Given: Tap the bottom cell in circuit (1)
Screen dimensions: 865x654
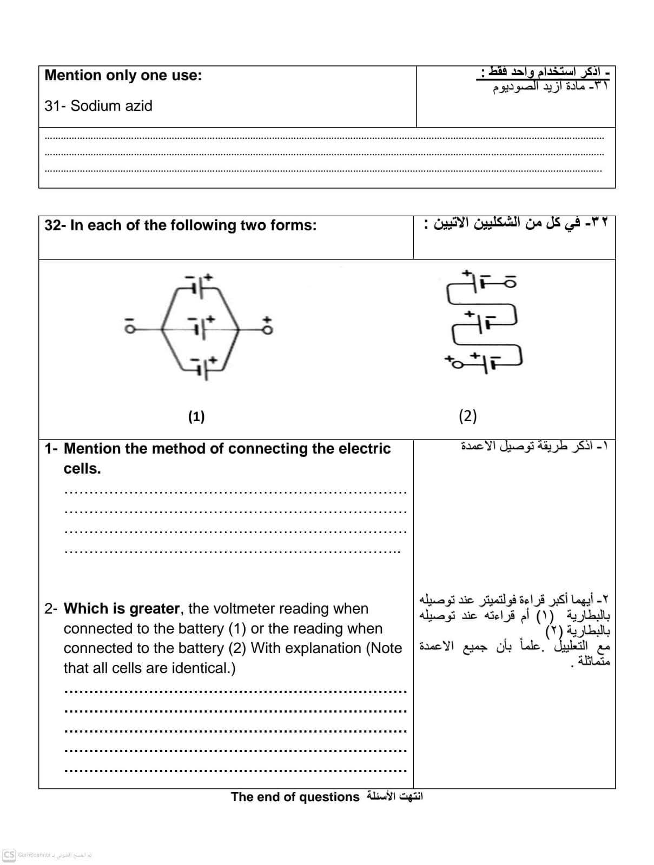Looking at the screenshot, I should [x=202, y=368].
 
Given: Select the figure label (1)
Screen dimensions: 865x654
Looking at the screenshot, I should [x=196, y=416].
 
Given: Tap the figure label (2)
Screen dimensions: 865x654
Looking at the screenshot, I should [x=467, y=416].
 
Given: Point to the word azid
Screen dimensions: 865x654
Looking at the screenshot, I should [x=137, y=106].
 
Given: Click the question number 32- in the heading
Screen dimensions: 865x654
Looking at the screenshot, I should [x=55, y=225].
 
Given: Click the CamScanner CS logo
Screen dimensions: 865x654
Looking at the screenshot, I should [x=9, y=855].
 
